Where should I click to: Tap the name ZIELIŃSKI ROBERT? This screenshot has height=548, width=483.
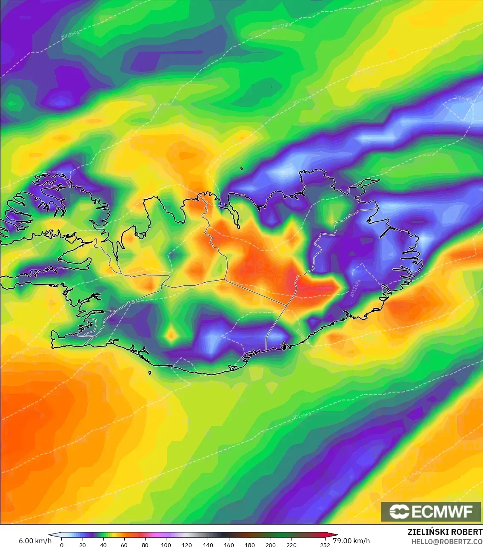[445, 532]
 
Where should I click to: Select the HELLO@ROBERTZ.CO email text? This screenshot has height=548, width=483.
[446, 542]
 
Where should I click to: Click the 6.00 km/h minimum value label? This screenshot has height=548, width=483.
[35, 541]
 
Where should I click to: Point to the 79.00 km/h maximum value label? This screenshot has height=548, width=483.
[351, 541]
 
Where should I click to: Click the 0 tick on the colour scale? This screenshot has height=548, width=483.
[62, 545]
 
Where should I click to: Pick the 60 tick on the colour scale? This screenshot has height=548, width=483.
[124, 545]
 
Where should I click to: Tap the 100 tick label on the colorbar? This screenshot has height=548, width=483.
[166, 545]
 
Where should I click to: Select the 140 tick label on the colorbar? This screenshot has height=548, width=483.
[208, 545]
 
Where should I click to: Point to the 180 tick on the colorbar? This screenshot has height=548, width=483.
[250, 545]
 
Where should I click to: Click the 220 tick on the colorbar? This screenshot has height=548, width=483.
[292, 545]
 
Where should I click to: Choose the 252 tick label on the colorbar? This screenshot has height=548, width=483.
[325, 545]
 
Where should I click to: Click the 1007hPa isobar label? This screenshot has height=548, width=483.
[302, 100]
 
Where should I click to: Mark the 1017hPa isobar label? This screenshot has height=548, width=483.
[412, 475]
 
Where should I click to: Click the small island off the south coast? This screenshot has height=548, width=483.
[150, 373]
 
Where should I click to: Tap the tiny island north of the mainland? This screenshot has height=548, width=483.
[241, 168]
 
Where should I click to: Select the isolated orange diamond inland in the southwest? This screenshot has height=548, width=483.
[171, 335]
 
